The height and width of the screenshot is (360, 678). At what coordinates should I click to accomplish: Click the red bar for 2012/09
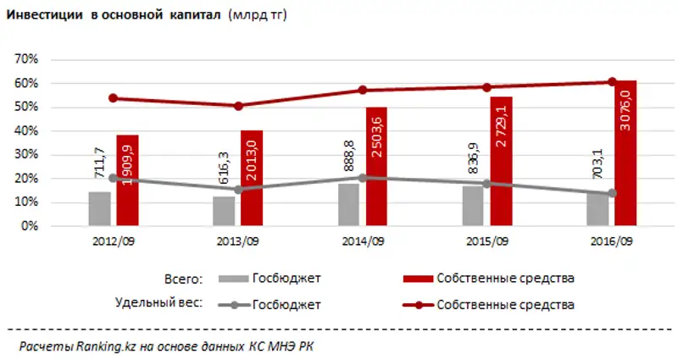128,181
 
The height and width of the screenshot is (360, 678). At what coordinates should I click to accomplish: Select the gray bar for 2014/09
349,205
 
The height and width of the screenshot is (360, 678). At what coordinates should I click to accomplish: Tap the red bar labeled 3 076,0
625,153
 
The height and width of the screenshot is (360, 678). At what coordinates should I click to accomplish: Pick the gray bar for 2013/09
225,212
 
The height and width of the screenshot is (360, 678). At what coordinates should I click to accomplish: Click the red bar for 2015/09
502,162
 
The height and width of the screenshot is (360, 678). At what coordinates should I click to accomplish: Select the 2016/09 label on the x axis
612,241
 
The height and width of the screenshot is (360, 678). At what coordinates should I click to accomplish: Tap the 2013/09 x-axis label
239,241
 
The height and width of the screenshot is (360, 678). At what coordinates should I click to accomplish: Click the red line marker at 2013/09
238,106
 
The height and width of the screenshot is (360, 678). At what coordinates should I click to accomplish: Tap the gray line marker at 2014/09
363,178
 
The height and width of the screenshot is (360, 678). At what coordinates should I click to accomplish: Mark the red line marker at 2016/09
611,82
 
